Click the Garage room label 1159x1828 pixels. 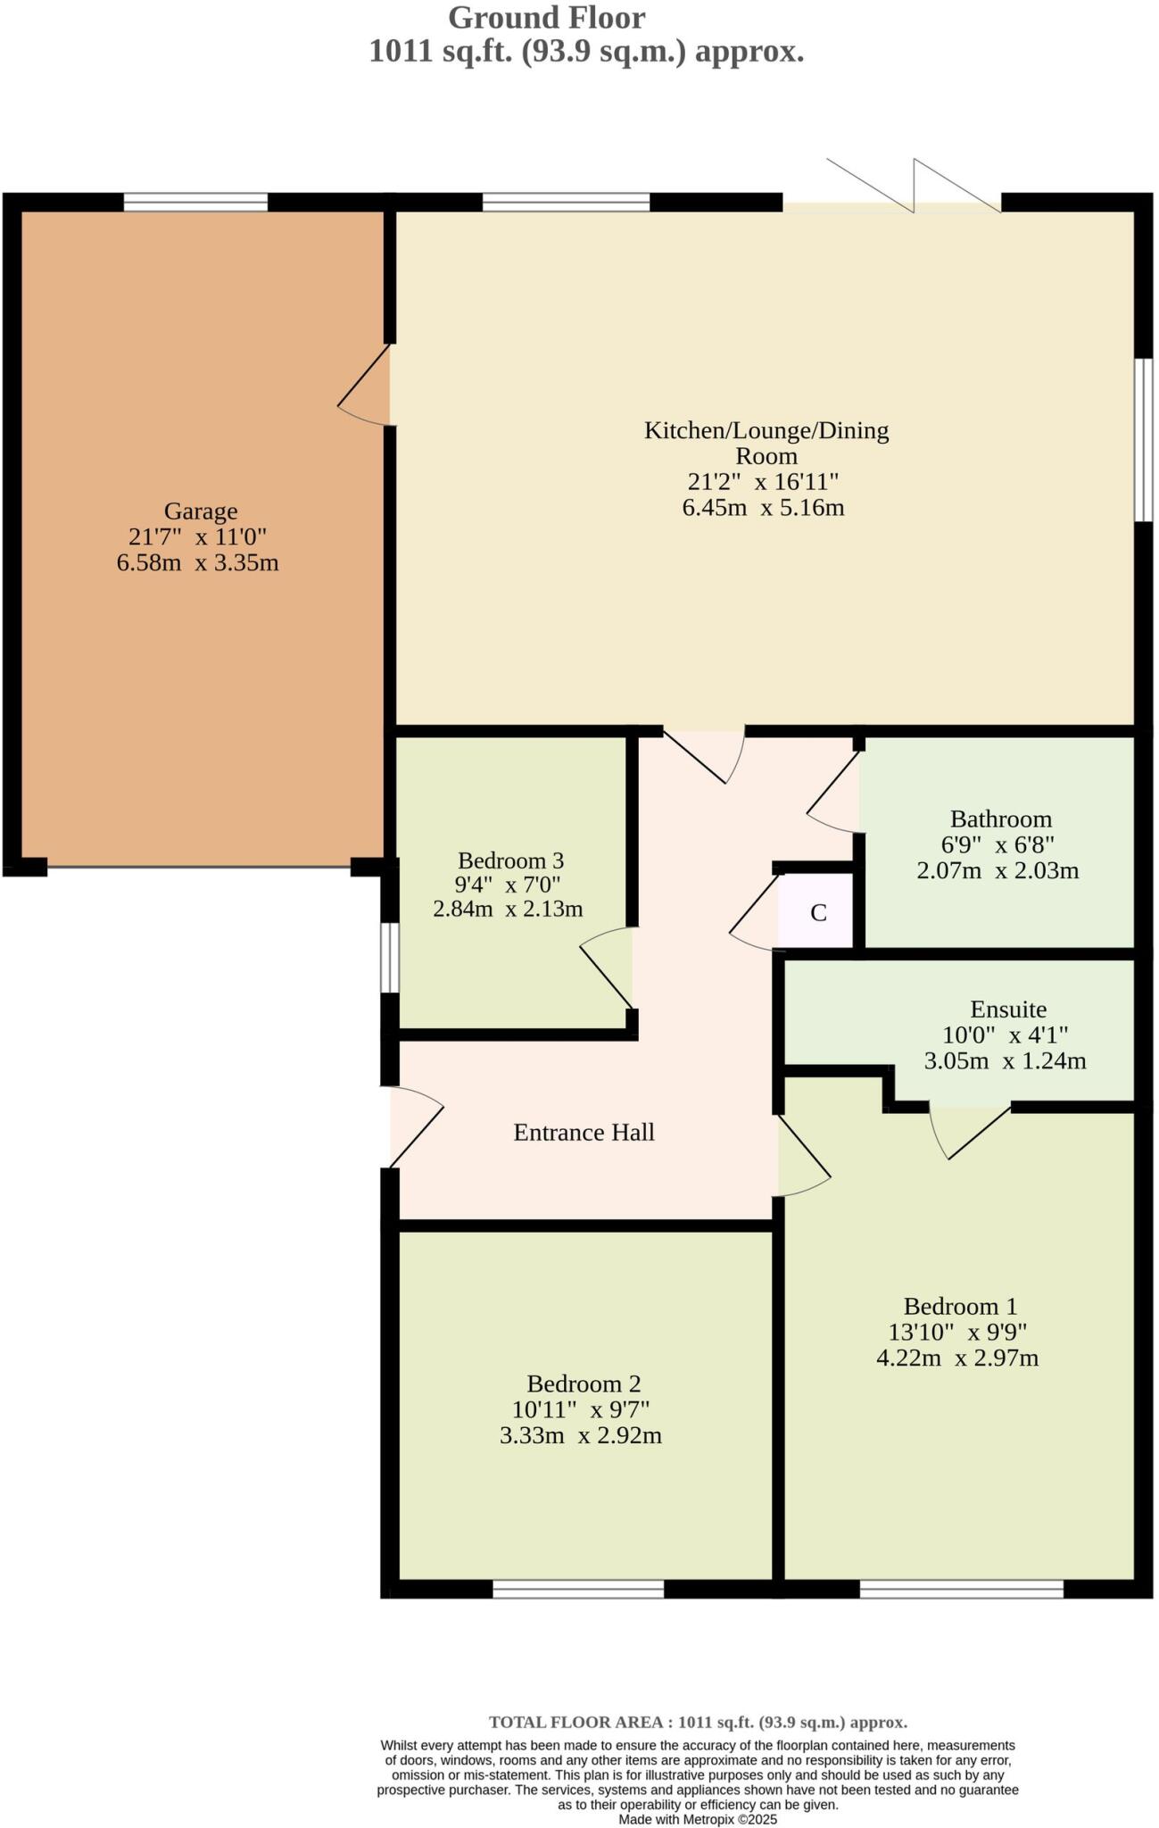[201, 511]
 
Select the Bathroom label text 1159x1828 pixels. [1000, 818]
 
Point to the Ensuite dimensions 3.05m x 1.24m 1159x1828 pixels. [1005, 1061]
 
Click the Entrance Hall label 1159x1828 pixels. [584, 1132]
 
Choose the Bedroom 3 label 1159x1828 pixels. [510, 860]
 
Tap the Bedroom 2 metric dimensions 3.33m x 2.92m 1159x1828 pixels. [580, 1436]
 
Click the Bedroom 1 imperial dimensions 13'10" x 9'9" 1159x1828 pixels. [957, 1333]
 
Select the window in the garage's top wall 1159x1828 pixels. [195, 203]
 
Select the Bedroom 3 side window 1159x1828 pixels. [390, 958]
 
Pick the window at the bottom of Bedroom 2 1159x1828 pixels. [578, 1589]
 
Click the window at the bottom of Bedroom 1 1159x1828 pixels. [961, 1589]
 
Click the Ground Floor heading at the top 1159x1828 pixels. [546, 18]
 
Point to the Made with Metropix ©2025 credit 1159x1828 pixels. [698, 1819]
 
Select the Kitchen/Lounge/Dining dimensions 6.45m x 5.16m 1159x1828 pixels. [763, 509]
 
